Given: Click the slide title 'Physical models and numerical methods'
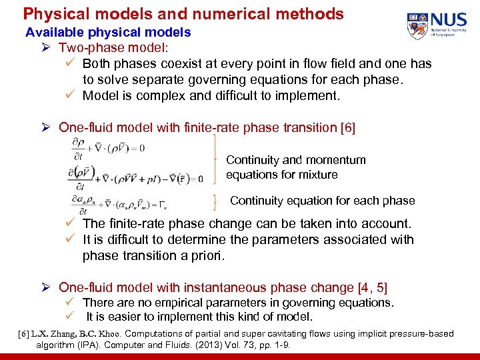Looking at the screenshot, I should click(183, 13).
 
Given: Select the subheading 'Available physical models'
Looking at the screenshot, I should click(108, 32).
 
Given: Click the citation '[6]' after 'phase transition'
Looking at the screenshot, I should click(348, 127).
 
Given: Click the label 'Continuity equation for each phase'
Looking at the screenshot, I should click(322, 201).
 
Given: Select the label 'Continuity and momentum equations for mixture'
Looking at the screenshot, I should click(295, 167).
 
